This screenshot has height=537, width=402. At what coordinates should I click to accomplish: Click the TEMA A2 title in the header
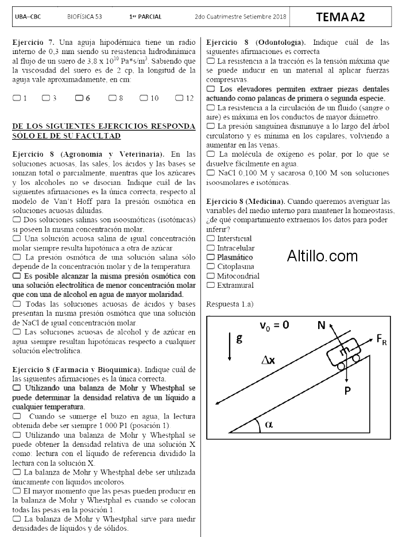tap(340, 17)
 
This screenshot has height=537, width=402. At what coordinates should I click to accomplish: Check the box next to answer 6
tap(79, 98)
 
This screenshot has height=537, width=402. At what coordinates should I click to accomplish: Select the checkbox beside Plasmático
tap(210, 257)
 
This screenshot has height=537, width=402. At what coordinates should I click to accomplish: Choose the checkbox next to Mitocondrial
tap(210, 276)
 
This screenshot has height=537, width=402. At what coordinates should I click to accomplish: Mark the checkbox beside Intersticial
tap(210, 238)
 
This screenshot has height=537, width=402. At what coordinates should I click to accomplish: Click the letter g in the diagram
tap(239, 338)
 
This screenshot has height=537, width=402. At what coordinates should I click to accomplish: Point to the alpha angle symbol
tap(269, 424)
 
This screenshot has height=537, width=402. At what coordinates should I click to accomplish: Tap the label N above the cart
tap(322, 326)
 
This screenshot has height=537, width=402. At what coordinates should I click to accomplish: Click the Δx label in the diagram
tap(268, 360)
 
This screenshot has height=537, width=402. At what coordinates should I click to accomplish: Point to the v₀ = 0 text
tap(274, 325)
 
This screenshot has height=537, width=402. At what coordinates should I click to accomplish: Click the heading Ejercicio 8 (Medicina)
tap(245, 202)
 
